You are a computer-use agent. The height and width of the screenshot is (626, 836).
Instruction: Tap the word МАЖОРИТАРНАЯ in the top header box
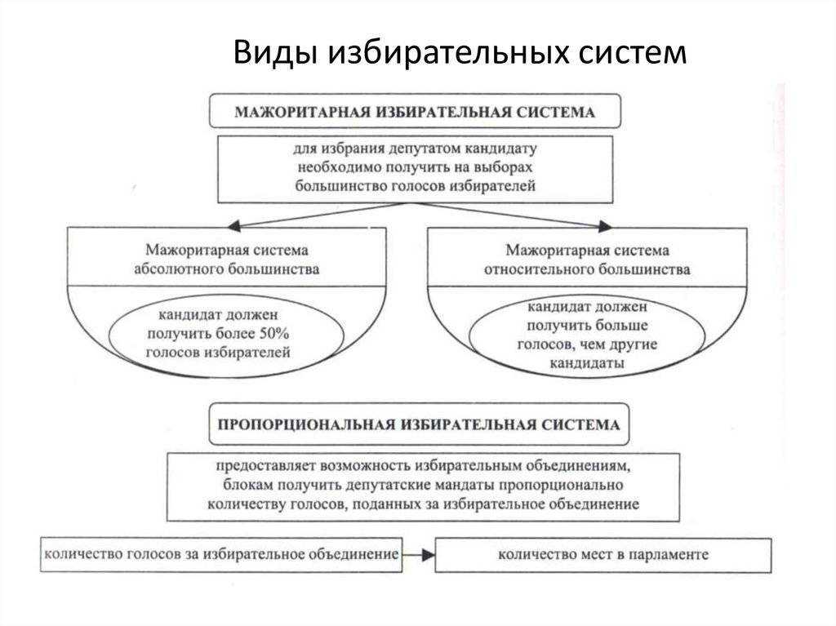coord(302,113)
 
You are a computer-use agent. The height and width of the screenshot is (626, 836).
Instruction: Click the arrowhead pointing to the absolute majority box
coord(234,226)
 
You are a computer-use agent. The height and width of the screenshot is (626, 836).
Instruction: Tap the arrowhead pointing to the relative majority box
coord(605,226)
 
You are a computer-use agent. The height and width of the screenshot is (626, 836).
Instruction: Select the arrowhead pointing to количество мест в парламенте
coord(428,555)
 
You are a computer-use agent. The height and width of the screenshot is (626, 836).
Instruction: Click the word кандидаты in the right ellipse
coord(587,363)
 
